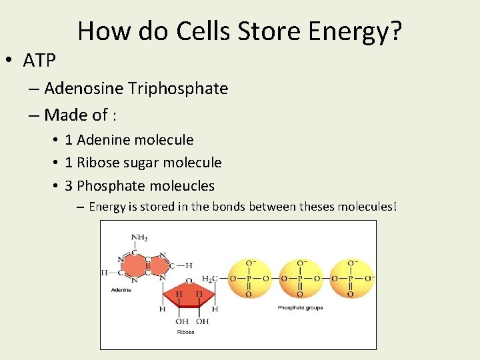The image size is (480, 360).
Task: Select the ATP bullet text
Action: (39, 61)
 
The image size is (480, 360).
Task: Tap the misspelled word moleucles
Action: (183, 185)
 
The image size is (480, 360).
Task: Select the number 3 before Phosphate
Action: (69, 185)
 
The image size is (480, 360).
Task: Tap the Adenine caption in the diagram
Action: (121, 290)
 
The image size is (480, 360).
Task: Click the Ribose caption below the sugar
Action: (185, 331)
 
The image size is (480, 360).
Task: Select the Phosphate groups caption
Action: (300, 307)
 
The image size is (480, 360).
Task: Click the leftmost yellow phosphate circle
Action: (249, 279)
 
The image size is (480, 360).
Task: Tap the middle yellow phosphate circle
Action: (300, 279)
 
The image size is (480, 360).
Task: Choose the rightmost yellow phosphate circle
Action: (351, 279)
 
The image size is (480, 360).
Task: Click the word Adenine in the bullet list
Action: (106, 140)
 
